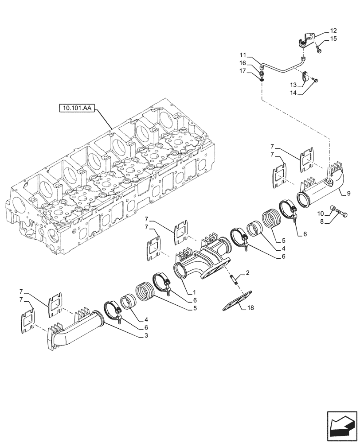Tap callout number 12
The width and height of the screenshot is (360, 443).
(333, 31)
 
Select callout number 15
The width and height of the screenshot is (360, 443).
(333, 39)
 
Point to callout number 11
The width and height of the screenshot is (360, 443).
(243, 55)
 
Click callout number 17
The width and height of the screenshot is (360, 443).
(243, 71)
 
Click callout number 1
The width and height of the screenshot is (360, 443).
(194, 293)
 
